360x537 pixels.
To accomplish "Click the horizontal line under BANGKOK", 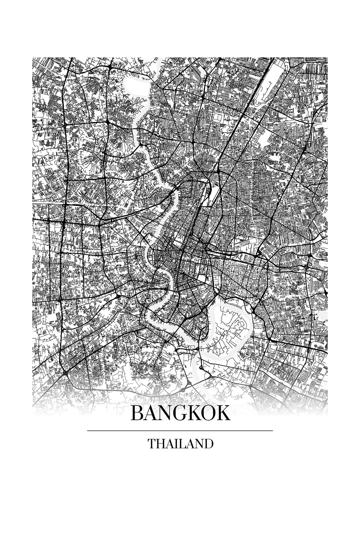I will tap(180, 430).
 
